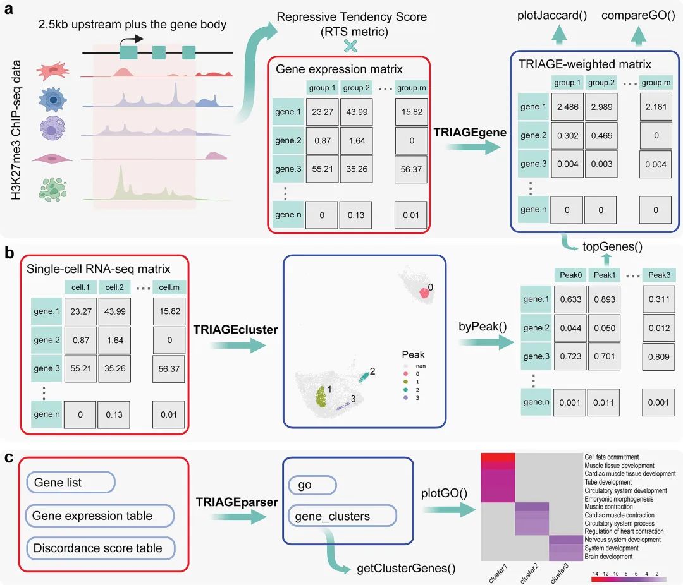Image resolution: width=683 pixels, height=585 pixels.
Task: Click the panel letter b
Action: pyautogui.click(x=9, y=253)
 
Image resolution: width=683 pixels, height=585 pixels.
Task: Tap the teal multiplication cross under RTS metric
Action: pyautogui.click(x=350, y=45)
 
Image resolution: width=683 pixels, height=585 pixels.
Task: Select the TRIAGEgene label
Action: pyautogui.click(x=470, y=132)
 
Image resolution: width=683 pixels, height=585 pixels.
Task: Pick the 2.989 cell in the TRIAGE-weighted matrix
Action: pyautogui.click(x=601, y=107)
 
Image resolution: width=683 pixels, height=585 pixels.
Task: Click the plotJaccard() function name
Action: pyautogui.click(x=552, y=15)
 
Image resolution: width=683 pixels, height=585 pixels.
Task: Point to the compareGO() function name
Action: pyautogui.click(x=638, y=15)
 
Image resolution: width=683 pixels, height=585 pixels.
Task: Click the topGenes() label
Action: pyautogui.click(x=612, y=247)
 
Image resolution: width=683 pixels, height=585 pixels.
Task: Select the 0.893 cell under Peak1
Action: pyautogui.click(x=605, y=299)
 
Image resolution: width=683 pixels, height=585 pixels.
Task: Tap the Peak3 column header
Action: pyautogui.click(x=659, y=275)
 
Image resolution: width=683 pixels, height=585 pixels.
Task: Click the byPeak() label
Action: pyautogui.click(x=483, y=327)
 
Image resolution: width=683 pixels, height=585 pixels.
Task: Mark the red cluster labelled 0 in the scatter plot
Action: pyautogui.click(x=424, y=293)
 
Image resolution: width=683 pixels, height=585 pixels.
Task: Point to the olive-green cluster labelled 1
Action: pyautogui.click(x=321, y=396)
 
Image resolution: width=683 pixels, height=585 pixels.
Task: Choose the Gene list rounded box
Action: pyautogui.click(x=71, y=482)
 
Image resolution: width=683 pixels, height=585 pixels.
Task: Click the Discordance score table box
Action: pyautogui.click(x=101, y=548)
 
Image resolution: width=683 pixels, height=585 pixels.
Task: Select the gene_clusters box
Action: pyautogui.click(x=342, y=516)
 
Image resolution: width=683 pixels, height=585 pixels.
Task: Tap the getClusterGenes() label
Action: pyautogui.click(x=406, y=569)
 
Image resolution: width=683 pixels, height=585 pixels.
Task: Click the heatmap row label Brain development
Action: pyautogui.click(x=608, y=557)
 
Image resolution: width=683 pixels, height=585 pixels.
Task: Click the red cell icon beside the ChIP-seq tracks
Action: pyautogui.click(x=52, y=71)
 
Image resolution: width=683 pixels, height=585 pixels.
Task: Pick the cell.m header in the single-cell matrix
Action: pyautogui.click(x=169, y=287)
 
